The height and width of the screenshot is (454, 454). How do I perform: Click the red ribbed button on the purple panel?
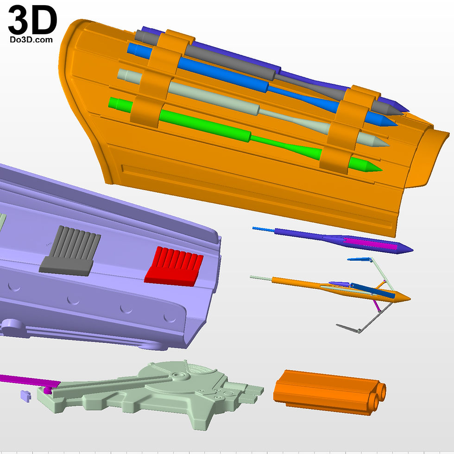coord(174,266)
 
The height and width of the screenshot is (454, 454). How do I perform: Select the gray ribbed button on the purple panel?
coord(70,251)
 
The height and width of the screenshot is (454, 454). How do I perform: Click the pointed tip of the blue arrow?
coord(397,126)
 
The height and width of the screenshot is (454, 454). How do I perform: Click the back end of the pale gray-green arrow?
coord(119,74)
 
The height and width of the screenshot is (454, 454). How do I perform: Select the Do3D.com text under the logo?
coord(32,40)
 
